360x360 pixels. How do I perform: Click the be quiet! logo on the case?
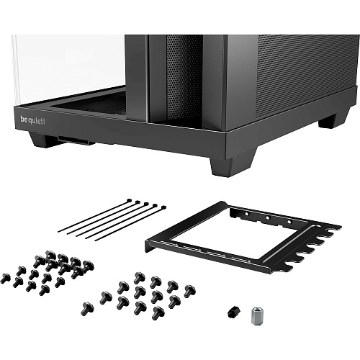pyautogui.click(x=33, y=120)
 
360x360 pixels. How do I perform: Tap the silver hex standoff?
pyautogui.click(x=256, y=316)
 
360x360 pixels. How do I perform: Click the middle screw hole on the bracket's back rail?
pyautogui.click(x=268, y=217)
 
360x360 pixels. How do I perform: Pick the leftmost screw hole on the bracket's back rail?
pyautogui.click(x=246, y=213)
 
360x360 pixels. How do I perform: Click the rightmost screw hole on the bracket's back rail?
pyautogui.click(x=289, y=222)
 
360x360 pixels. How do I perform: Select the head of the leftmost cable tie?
pyautogui.click(x=130, y=200)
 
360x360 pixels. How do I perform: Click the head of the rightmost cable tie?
pyautogui.click(x=163, y=207)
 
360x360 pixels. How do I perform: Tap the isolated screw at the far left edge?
pyautogui.click(x=5, y=279)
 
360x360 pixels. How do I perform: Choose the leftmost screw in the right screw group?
pyautogui.click(x=88, y=309)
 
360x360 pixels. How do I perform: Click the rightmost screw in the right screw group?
pyautogui.click(x=190, y=291)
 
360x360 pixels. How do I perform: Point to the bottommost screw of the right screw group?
pyautogui.click(x=158, y=313)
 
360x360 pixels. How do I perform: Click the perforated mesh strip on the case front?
pyautogui.click(x=184, y=81)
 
